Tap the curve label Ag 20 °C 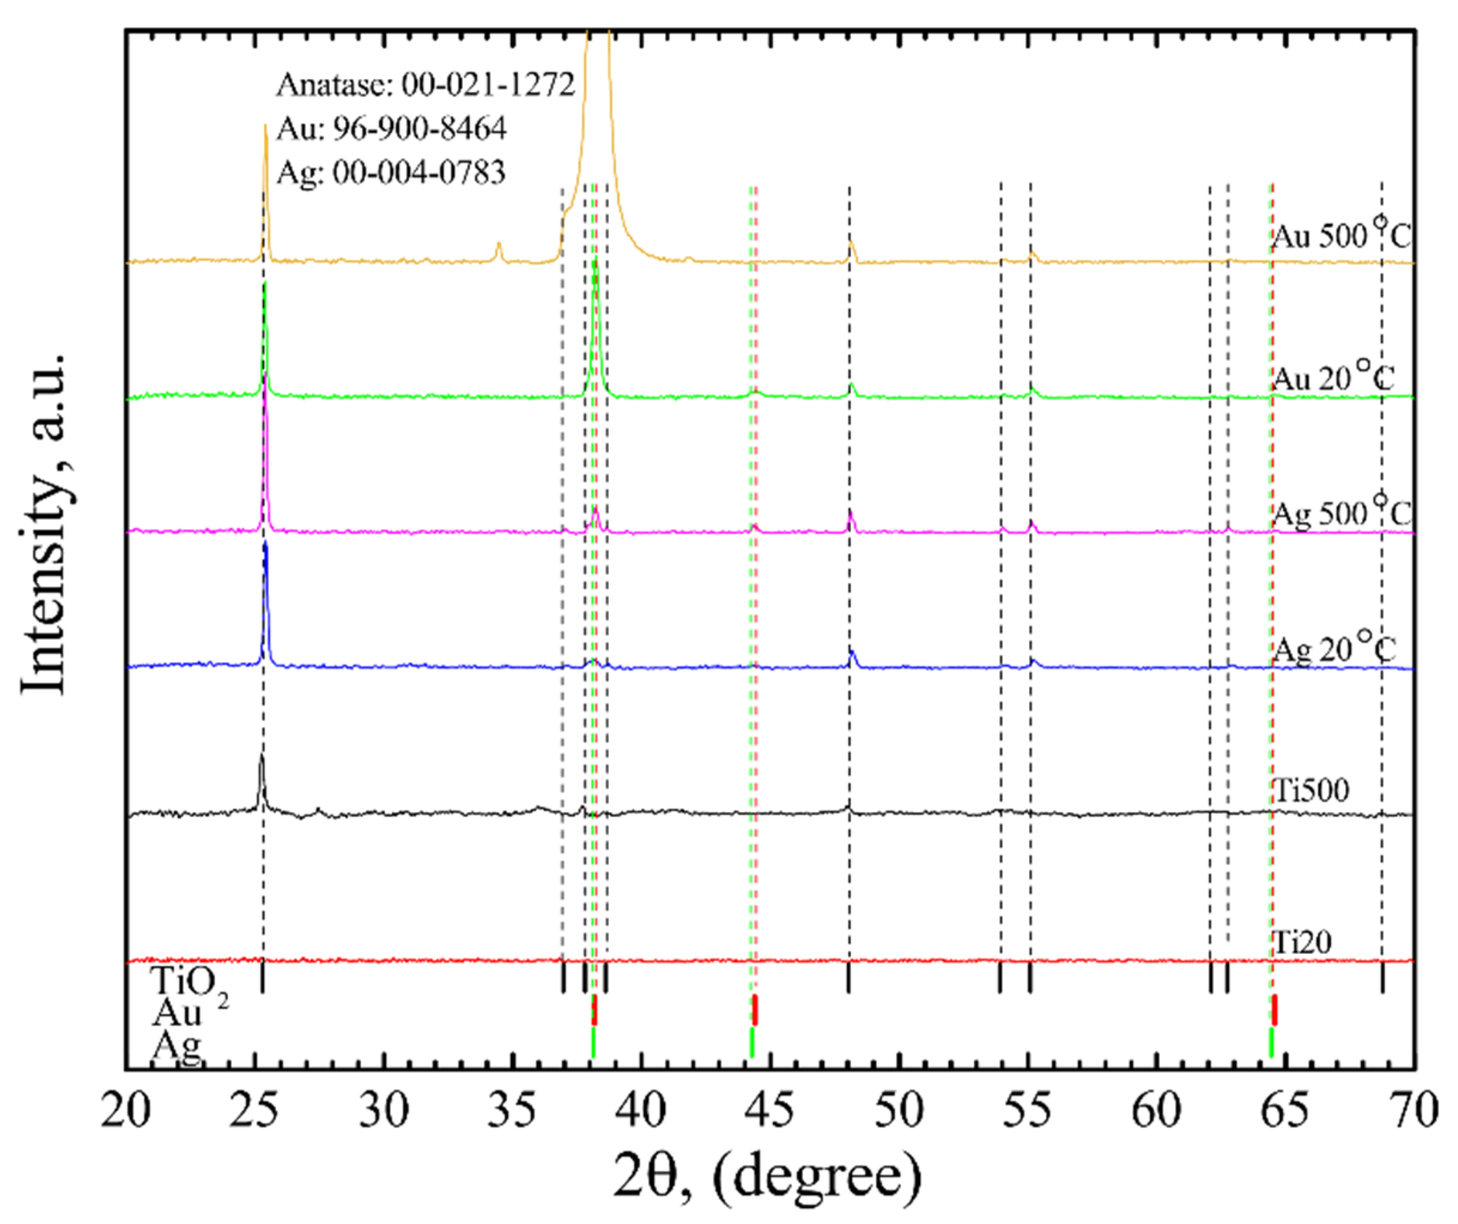[x=1333, y=649]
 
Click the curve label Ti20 [x=1302, y=942]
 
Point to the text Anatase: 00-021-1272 [x=426, y=84]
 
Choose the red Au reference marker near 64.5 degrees [x=1275, y=1010]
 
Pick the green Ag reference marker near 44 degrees [x=751, y=1042]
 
